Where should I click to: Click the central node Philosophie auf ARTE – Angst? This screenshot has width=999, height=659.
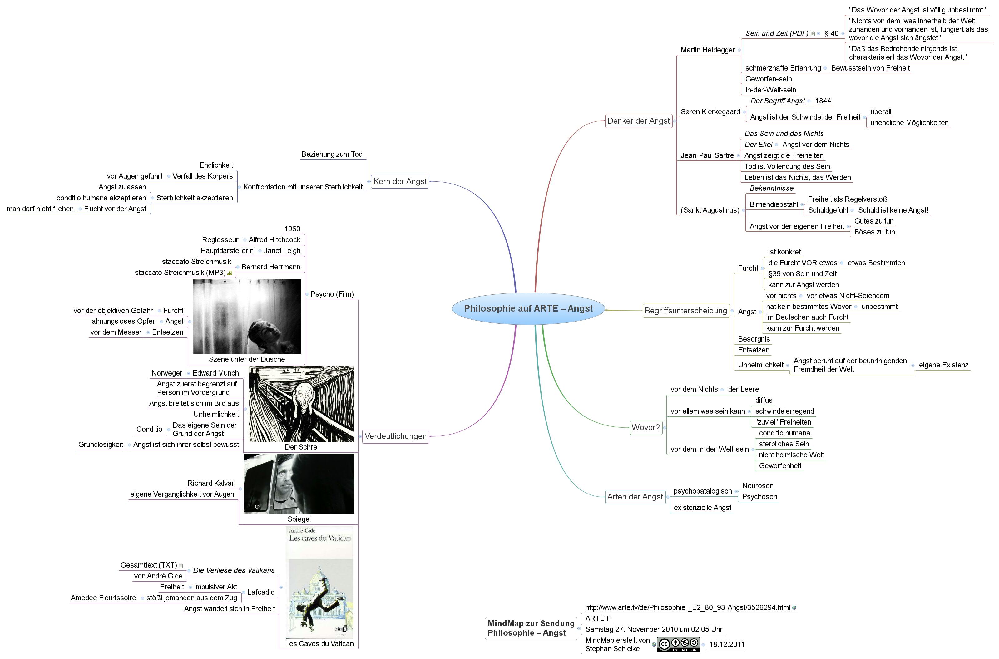pyautogui.click(x=528, y=308)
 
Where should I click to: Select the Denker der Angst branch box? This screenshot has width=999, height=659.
pyautogui.click(x=638, y=121)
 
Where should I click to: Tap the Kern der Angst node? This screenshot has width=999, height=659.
pyautogui.click(x=400, y=182)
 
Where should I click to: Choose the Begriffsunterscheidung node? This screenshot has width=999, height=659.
pyautogui.click(x=685, y=311)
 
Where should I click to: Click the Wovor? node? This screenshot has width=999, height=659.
pyautogui.click(x=645, y=427)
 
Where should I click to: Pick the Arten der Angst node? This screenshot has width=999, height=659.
pyautogui.click(x=635, y=497)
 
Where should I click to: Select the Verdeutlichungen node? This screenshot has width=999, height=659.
pyautogui.click(x=395, y=436)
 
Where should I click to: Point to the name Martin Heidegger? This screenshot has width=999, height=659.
pyautogui.click(x=708, y=50)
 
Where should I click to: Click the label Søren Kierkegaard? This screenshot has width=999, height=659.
pyautogui.click(x=710, y=112)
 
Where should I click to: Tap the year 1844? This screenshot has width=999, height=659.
pyautogui.click(x=823, y=101)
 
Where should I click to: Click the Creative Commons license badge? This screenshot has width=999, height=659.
pyautogui.click(x=678, y=644)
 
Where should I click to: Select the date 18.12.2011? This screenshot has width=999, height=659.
pyautogui.click(x=727, y=644)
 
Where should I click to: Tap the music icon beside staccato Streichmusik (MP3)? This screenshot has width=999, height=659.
pyautogui.click(x=230, y=273)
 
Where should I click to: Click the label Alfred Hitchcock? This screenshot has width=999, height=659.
pyautogui.click(x=274, y=240)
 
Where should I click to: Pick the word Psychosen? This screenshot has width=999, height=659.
pyautogui.click(x=759, y=497)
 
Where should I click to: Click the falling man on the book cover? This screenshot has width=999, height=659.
pyautogui.click(x=319, y=601)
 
